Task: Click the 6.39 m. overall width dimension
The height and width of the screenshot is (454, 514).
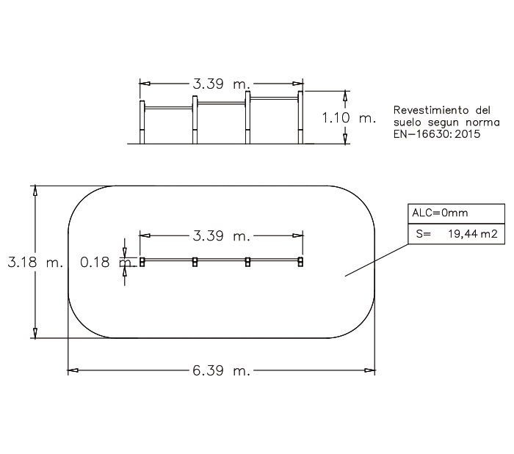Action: coord(221,371)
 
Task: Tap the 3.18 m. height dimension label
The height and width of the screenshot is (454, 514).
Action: coord(35,262)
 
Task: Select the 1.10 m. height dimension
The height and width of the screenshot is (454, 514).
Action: coord(349,118)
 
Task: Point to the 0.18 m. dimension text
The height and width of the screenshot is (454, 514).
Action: coord(108,262)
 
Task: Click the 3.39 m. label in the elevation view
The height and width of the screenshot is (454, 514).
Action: coord(221,84)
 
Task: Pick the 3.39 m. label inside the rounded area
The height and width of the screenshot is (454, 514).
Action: coord(221,235)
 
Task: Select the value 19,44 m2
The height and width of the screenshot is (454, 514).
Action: coord(473,234)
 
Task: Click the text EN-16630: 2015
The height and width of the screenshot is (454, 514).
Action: coord(437,134)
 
